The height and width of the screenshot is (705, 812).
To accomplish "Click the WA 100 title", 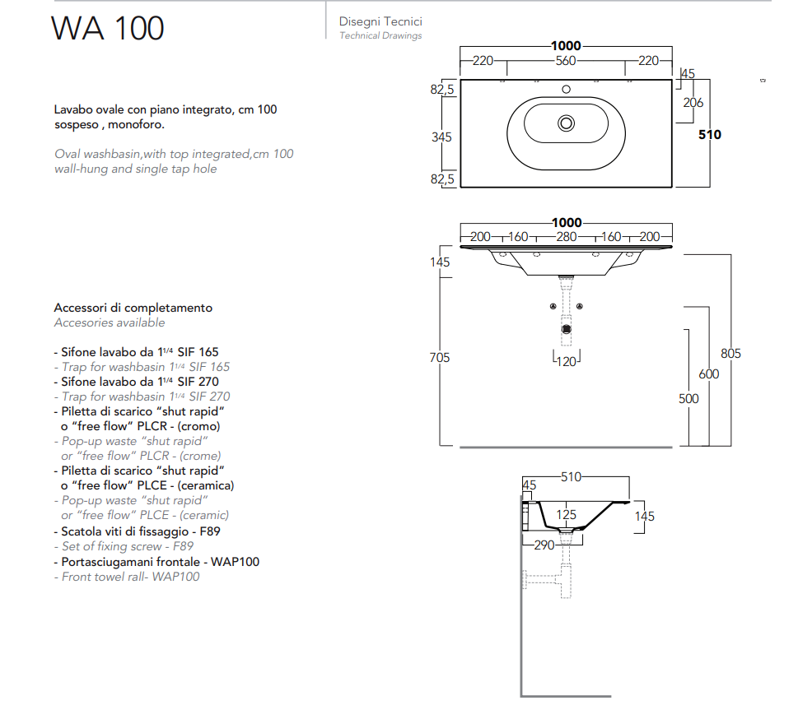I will tap(108, 28).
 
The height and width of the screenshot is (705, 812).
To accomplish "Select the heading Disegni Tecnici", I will tap(380, 22).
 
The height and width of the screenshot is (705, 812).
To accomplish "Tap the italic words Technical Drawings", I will tap(380, 35).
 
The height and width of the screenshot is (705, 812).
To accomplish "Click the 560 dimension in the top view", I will tap(566, 60).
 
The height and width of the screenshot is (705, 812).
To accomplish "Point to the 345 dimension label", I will tap(442, 137).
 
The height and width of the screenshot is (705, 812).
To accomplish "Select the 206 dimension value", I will tap(693, 103).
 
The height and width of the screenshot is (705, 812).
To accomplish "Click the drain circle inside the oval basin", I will tap(566, 123).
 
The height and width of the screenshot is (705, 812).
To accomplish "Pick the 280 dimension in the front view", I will tap(566, 237).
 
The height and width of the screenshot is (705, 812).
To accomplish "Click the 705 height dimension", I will tap(441, 357).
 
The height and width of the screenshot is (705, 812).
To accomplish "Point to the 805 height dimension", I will tap(730, 354).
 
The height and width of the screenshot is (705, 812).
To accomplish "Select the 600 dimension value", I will tap(708, 374).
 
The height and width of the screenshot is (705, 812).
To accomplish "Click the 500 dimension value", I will tap(688, 399).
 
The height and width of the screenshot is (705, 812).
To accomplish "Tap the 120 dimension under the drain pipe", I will tap(566, 361).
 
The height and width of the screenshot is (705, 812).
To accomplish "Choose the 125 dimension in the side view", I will tap(567, 515).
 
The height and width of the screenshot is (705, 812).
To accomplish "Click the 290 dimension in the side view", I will tap(544, 545).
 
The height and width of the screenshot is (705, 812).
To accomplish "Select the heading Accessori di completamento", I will tap(133, 308).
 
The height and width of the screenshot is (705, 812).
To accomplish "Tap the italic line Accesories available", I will tap(110, 322).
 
